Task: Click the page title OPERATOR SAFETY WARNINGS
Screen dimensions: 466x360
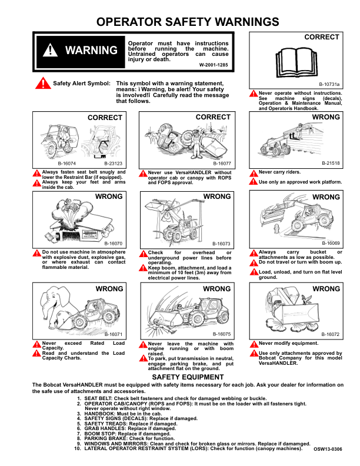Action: tap(187, 22)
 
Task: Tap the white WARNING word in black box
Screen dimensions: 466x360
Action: tap(91, 50)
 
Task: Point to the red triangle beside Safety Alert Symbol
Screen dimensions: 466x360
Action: tap(43, 84)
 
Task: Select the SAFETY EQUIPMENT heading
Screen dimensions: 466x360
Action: tap(188, 377)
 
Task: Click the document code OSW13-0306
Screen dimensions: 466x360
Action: tap(327, 449)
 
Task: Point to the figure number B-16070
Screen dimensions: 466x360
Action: tap(114, 243)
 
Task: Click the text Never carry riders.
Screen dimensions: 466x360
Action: tap(279, 172)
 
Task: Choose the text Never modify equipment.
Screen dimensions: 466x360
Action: tap(288, 343)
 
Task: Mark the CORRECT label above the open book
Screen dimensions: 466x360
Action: tap(322, 37)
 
